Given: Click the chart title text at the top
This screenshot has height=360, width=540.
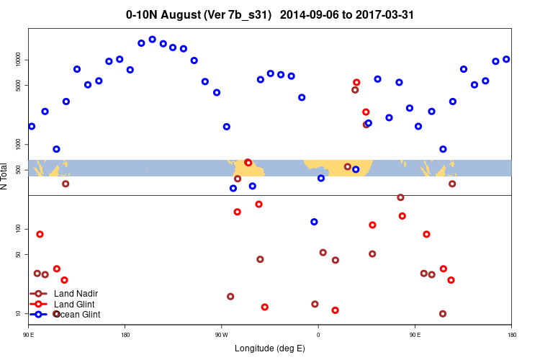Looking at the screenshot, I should click(x=270, y=14).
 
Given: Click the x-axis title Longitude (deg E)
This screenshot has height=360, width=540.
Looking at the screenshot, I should click(x=270, y=348).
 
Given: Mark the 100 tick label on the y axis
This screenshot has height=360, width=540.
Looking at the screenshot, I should click(x=20, y=229).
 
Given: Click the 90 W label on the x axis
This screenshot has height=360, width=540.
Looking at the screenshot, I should click(x=221, y=335).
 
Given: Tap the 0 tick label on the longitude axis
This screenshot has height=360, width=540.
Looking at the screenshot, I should click(x=318, y=335).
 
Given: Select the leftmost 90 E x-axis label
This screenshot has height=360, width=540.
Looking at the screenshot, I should click(x=29, y=335).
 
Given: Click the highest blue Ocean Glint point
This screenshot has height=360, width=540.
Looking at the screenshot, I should click(x=152, y=40).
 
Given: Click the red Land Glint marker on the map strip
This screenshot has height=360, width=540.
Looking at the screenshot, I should click(x=248, y=163).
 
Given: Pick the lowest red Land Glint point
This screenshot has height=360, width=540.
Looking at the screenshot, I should click(x=335, y=310).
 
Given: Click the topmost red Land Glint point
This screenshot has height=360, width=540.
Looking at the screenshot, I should click(x=356, y=83).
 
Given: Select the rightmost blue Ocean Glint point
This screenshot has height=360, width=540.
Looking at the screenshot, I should click(x=506, y=59).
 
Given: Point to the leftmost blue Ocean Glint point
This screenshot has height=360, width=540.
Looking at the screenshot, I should click(x=32, y=126).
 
